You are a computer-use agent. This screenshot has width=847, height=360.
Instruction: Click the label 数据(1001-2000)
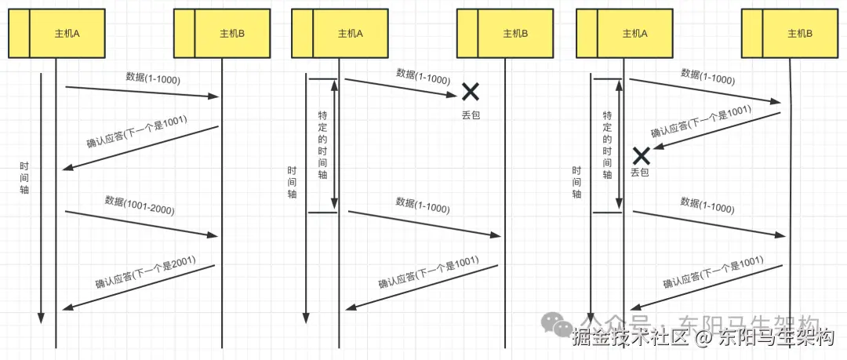tap(140, 205)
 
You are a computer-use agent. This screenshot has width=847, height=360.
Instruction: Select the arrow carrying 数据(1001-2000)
tap(141, 223)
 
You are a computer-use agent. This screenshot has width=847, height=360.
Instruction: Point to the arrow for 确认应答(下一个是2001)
tap(139, 287)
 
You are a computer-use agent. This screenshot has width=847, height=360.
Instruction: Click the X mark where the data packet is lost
tap(470, 92)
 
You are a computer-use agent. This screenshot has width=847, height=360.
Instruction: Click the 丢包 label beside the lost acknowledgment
tap(640, 173)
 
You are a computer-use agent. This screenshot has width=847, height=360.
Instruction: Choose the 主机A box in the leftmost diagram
tap(56, 34)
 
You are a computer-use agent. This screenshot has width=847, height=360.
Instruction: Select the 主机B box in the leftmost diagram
tap(222, 34)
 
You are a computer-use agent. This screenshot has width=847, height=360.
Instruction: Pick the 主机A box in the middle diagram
tap(340, 34)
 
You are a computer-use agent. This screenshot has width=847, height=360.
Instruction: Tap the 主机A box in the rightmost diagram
tap(624, 34)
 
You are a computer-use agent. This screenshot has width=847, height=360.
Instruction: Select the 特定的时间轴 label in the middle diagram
tap(322, 145)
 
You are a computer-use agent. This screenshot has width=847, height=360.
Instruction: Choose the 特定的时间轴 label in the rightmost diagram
tap(606, 145)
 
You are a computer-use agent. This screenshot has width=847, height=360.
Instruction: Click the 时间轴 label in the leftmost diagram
tap(25, 178)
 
